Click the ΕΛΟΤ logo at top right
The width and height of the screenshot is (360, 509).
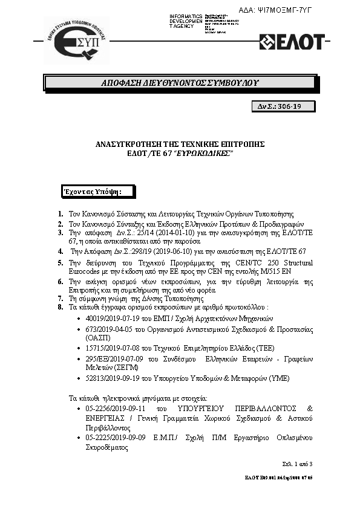[x=292, y=42]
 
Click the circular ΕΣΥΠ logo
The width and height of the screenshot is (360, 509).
[x=77, y=41]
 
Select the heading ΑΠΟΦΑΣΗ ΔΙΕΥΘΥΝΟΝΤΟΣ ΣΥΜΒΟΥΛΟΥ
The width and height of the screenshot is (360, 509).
[x=180, y=82]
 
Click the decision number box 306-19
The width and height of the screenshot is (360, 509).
[x=283, y=106]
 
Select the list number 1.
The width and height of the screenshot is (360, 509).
[x=61, y=215]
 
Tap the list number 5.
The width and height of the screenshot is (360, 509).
[x=61, y=264]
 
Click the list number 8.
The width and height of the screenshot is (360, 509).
[x=61, y=308]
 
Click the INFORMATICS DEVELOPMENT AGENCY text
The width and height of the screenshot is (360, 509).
[x=186, y=21]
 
